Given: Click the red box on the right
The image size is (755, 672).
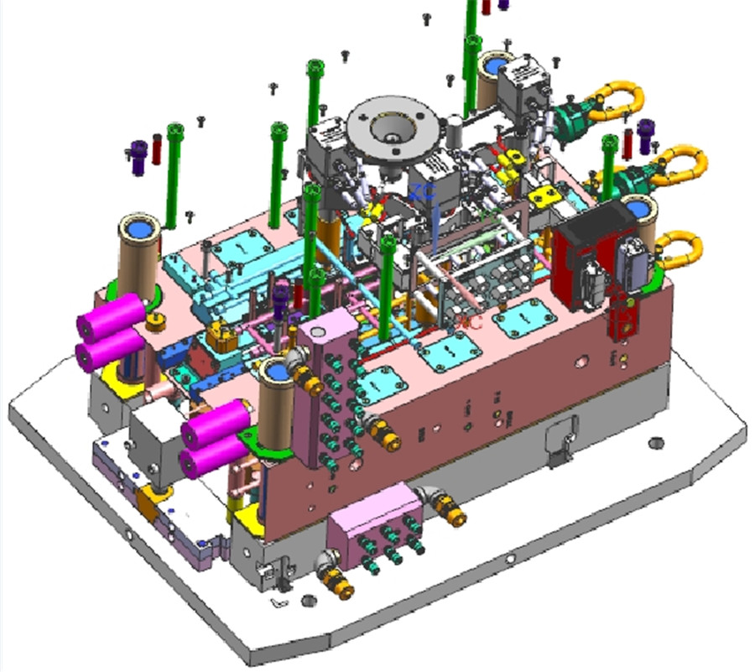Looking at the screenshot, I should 579,266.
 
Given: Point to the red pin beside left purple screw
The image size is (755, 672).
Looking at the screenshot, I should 156,148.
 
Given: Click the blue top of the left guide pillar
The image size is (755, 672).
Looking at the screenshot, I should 138,227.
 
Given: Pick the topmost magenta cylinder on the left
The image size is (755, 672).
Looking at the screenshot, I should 112,317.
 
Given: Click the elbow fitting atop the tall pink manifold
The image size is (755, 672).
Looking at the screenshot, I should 298,362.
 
